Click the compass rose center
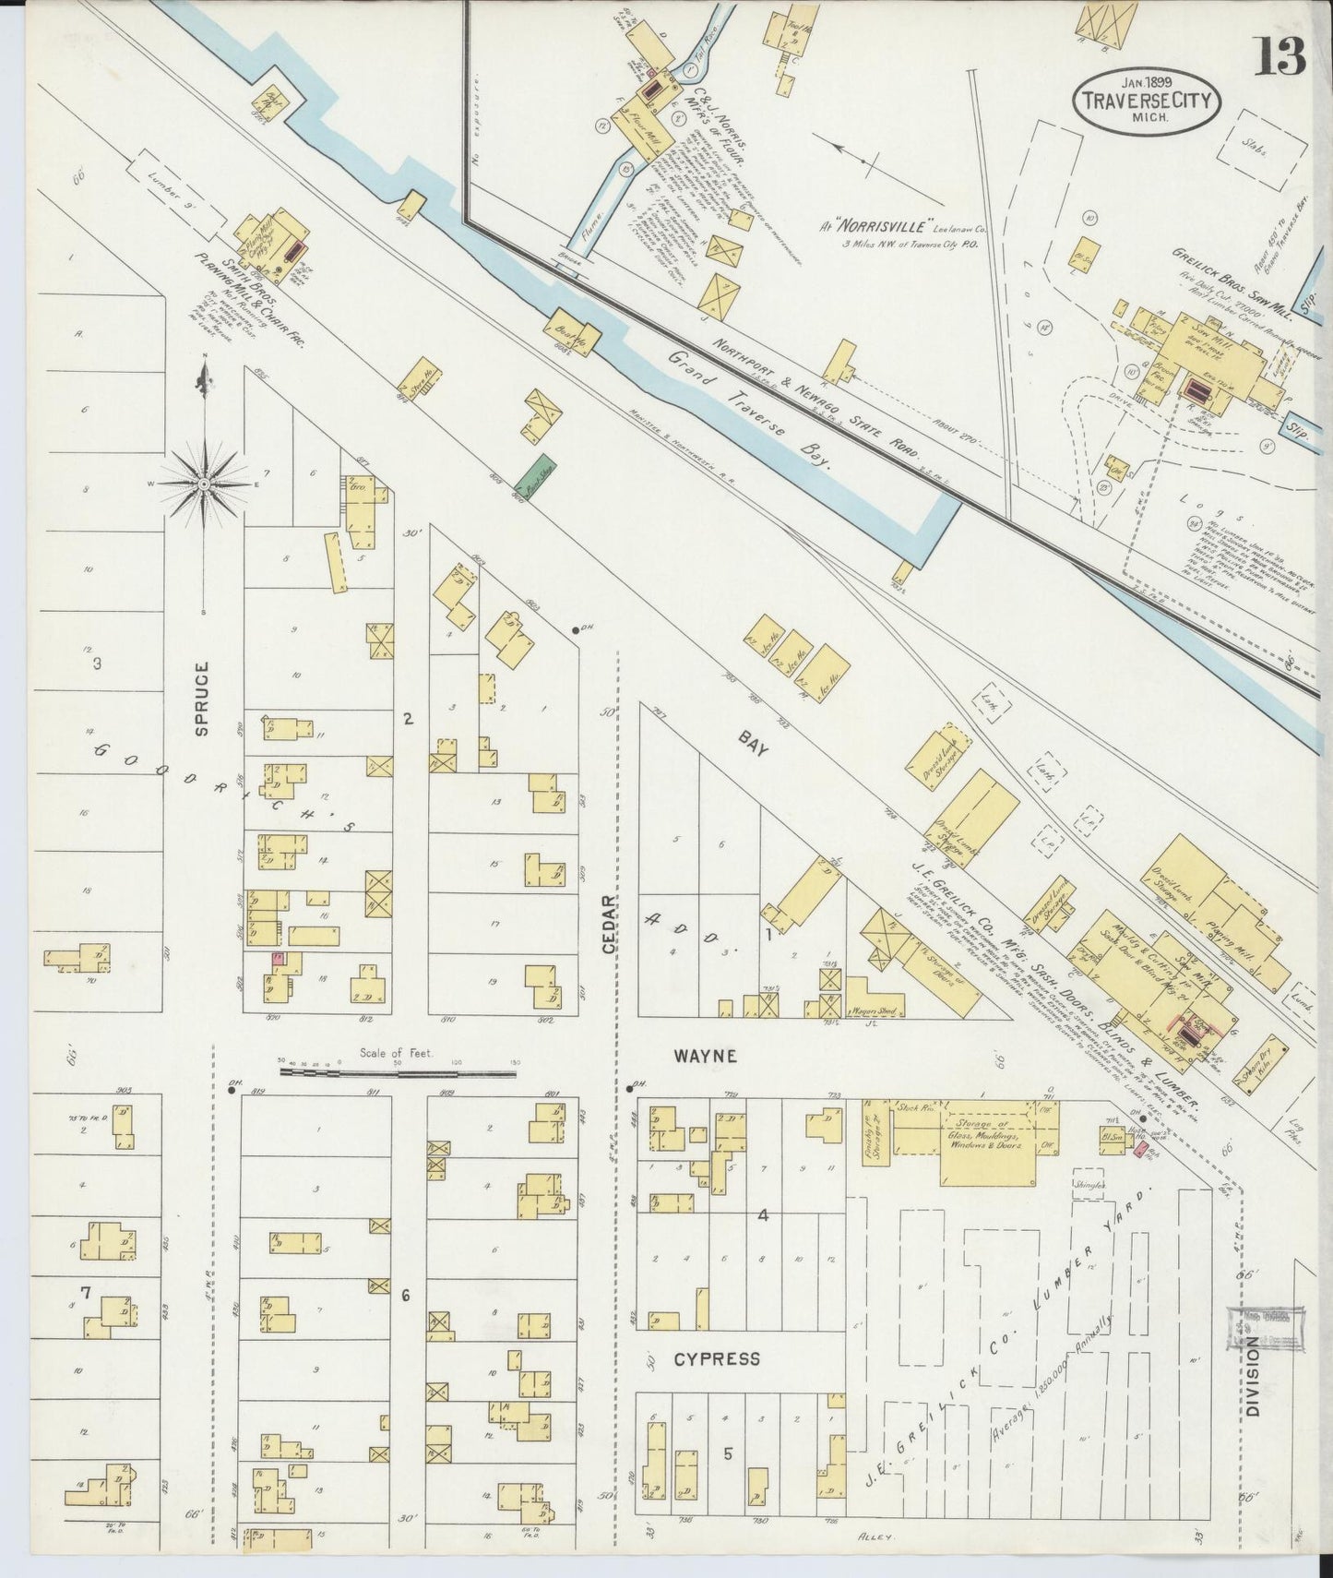click(204, 481)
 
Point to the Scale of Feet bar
click(398, 1071)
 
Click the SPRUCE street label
click(202, 699)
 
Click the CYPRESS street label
click(716, 1358)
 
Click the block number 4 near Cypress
click(762, 1215)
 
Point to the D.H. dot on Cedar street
click(577, 629)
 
